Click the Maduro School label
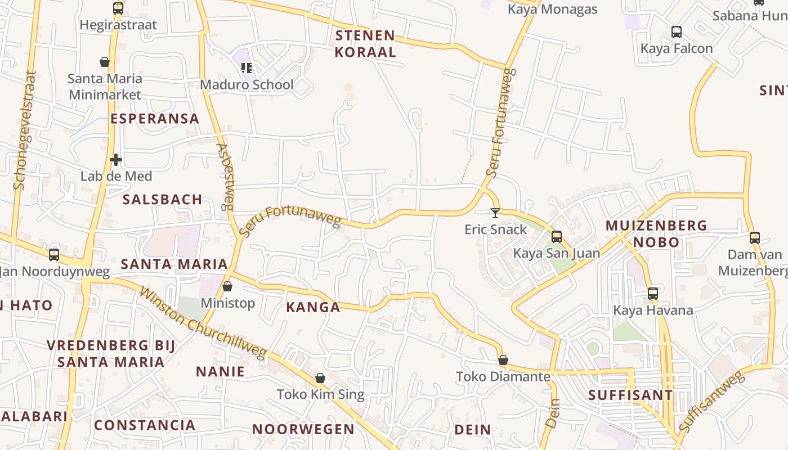(x=247, y=85)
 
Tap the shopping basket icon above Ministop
(x=227, y=286)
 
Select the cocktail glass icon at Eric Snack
(x=495, y=213)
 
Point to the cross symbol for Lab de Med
(x=116, y=160)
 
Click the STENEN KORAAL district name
(x=365, y=44)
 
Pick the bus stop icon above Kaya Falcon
(x=677, y=32)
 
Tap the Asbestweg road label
(x=226, y=176)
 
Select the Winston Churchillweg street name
(x=202, y=323)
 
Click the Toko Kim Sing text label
(x=320, y=394)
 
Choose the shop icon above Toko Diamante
(x=503, y=360)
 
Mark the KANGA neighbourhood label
(x=313, y=307)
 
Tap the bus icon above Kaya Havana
(x=653, y=293)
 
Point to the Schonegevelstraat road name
(x=24, y=129)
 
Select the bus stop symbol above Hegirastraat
(x=118, y=8)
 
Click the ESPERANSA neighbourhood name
(x=155, y=119)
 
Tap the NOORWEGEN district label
(x=303, y=429)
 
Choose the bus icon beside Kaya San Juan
(x=557, y=237)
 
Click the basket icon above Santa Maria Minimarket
(x=105, y=62)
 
